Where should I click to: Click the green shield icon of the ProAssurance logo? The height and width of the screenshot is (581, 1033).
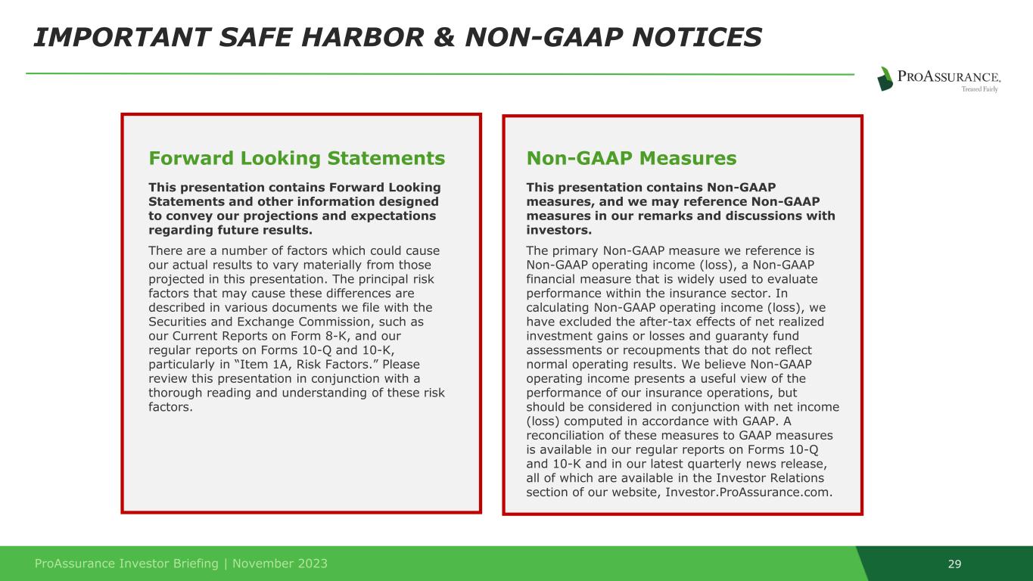(885, 79)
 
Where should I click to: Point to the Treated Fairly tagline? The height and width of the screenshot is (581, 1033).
(979, 89)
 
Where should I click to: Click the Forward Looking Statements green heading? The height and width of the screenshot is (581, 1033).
(297, 158)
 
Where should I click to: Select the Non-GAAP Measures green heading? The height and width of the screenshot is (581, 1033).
(631, 158)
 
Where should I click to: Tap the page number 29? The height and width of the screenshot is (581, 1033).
(954, 564)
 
